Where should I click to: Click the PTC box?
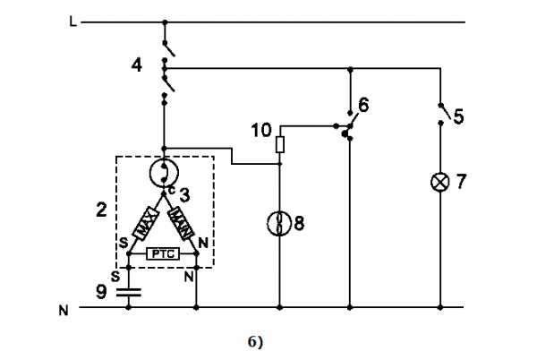(163, 254)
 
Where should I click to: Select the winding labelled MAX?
(146, 223)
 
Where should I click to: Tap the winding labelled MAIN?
(181, 223)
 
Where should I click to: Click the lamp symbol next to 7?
(440, 182)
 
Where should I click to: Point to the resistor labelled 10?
(280, 144)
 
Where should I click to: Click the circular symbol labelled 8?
(279, 224)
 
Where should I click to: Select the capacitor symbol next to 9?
(129, 293)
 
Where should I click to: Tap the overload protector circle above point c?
(164, 173)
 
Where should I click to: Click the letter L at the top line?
(73, 22)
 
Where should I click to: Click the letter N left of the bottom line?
(64, 311)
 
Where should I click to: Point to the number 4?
(137, 65)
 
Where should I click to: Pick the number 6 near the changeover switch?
(363, 105)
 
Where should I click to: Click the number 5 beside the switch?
(458, 116)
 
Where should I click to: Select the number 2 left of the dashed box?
(101, 210)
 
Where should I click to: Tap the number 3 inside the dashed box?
(184, 195)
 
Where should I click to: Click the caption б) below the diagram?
(255, 342)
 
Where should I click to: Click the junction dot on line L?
(165, 22)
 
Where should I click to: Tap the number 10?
(261, 131)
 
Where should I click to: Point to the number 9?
(101, 292)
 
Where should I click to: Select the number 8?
(299, 224)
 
